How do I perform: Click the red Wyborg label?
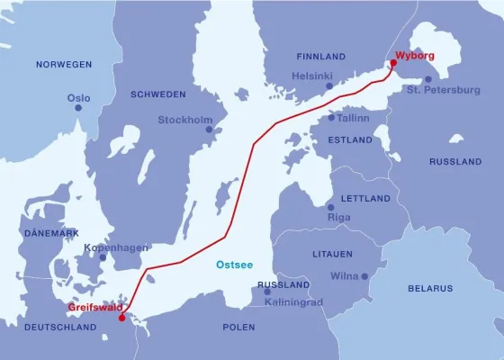[415, 56]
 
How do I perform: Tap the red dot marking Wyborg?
[393, 63]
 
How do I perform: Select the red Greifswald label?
[95, 308]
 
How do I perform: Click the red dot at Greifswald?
[122, 317]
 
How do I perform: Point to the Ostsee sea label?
[234, 265]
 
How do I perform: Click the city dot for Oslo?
[78, 108]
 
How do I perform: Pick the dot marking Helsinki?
[329, 86]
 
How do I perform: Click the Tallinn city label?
[355, 117]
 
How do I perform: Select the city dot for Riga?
[332, 206]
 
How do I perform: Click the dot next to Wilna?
[364, 276]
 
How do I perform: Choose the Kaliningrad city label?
[295, 302]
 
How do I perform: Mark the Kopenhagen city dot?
[103, 257]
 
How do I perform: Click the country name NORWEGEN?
[64, 65]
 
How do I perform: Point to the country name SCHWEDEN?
[157, 94]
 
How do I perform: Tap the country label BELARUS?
[430, 288]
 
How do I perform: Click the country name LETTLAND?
[366, 198]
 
